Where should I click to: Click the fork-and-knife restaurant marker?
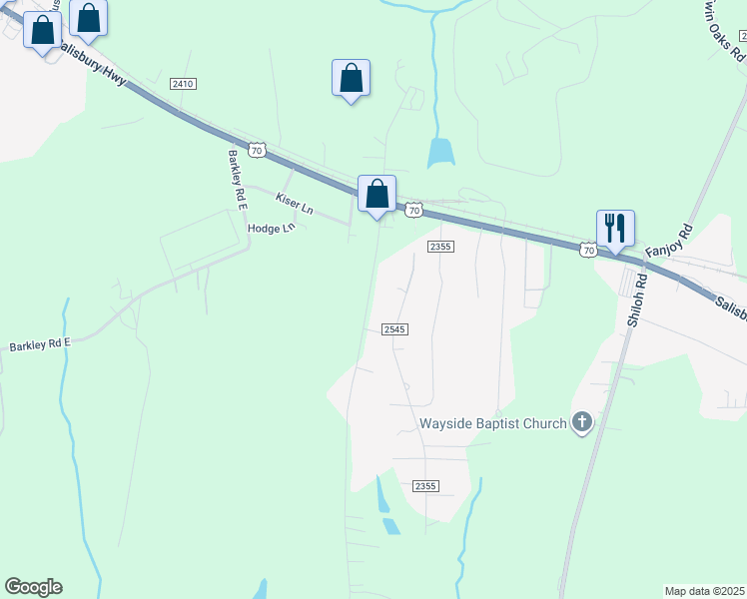pyautogui.click(x=615, y=227)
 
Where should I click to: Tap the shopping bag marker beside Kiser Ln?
pyautogui.click(x=376, y=193)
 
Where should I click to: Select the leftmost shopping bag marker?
pyautogui.click(x=43, y=29)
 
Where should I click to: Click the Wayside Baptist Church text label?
pyautogui.click(x=493, y=423)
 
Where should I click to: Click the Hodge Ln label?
pyautogui.click(x=272, y=228)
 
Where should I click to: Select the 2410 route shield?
pyautogui.click(x=182, y=84)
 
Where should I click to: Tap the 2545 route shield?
pyautogui.click(x=394, y=328)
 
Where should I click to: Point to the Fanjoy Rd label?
pyautogui.click(x=669, y=245)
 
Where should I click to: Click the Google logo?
pyautogui.click(x=33, y=587)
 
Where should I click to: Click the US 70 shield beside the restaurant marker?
pyautogui.click(x=588, y=250)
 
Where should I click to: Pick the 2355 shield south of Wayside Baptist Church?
pyautogui.click(x=425, y=485)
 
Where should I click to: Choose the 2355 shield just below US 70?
pyautogui.click(x=440, y=246)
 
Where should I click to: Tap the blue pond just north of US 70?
pyautogui.click(x=439, y=153)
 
